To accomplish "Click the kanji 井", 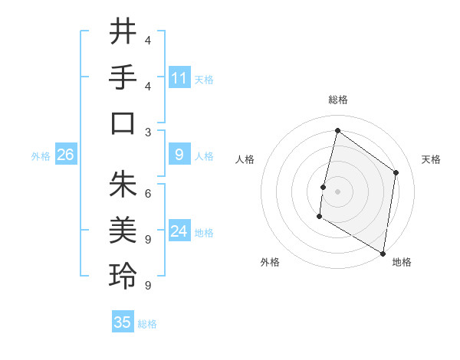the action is pyautogui.click(x=123, y=33).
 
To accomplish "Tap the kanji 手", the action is pyautogui.click(x=123, y=78).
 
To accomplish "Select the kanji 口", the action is pyautogui.click(x=123, y=123).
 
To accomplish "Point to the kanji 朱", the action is pyautogui.click(x=123, y=185).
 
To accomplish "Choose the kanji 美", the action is pyautogui.click(x=123, y=230).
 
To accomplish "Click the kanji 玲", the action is pyautogui.click(x=123, y=276).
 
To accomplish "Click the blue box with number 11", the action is pyautogui.click(x=179, y=78).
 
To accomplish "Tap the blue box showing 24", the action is pyautogui.click(x=179, y=231).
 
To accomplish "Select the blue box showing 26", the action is pyautogui.click(x=66, y=155).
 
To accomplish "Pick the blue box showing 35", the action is pyautogui.click(x=123, y=322).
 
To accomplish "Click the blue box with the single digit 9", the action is pyautogui.click(x=179, y=155).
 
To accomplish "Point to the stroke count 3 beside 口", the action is pyautogui.click(x=148, y=131).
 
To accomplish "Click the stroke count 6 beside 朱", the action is pyautogui.click(x=148, y=193).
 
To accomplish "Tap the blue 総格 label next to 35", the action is pyautogui.click(x=147, y=324).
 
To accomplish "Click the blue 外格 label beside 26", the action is pyautogui.click(x=41, y=156).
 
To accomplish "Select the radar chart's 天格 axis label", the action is pyautogui.click(x=431, y=159).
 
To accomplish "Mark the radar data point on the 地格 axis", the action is pyautogui.click(x=383, y=253).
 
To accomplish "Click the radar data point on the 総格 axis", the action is pyautogui.click(x=337, y=130).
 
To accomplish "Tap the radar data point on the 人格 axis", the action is pyautogui.click(x=324, y=187).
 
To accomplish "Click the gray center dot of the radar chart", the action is pyautogui.click(x=337, y=191).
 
